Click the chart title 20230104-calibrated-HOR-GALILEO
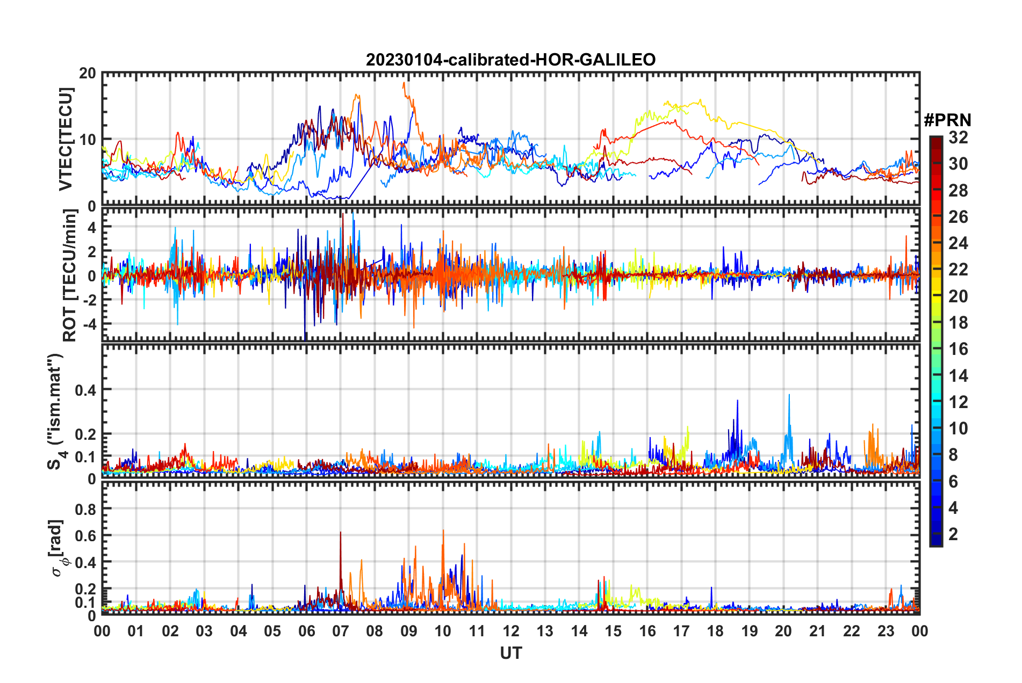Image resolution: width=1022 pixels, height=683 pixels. (x=510, y=60)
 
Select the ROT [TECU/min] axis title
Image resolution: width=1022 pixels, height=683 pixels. (x=70, y=275)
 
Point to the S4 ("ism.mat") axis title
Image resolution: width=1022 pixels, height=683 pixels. (x=56, y=411)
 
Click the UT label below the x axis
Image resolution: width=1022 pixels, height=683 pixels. (x=510, y=653)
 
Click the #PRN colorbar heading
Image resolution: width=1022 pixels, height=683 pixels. (x=947, y=120)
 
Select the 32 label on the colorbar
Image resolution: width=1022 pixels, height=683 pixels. (x=958, y=138)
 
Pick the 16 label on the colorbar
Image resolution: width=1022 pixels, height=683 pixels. (x=958, y=349)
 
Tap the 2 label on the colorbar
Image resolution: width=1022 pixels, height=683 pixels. (x=953, y=534)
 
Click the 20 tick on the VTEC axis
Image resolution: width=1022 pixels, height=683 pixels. (x=88, y=74)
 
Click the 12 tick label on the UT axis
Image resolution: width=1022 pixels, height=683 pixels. (x=511, y=631)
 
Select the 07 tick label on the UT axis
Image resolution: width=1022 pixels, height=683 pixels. (x=341, y=631)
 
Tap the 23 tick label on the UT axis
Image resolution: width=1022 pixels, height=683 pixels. (x=886, y=631)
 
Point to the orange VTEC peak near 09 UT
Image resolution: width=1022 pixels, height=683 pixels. (x=404, y=84)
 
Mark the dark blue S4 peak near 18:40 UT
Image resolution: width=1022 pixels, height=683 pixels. (x=737, y=402)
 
